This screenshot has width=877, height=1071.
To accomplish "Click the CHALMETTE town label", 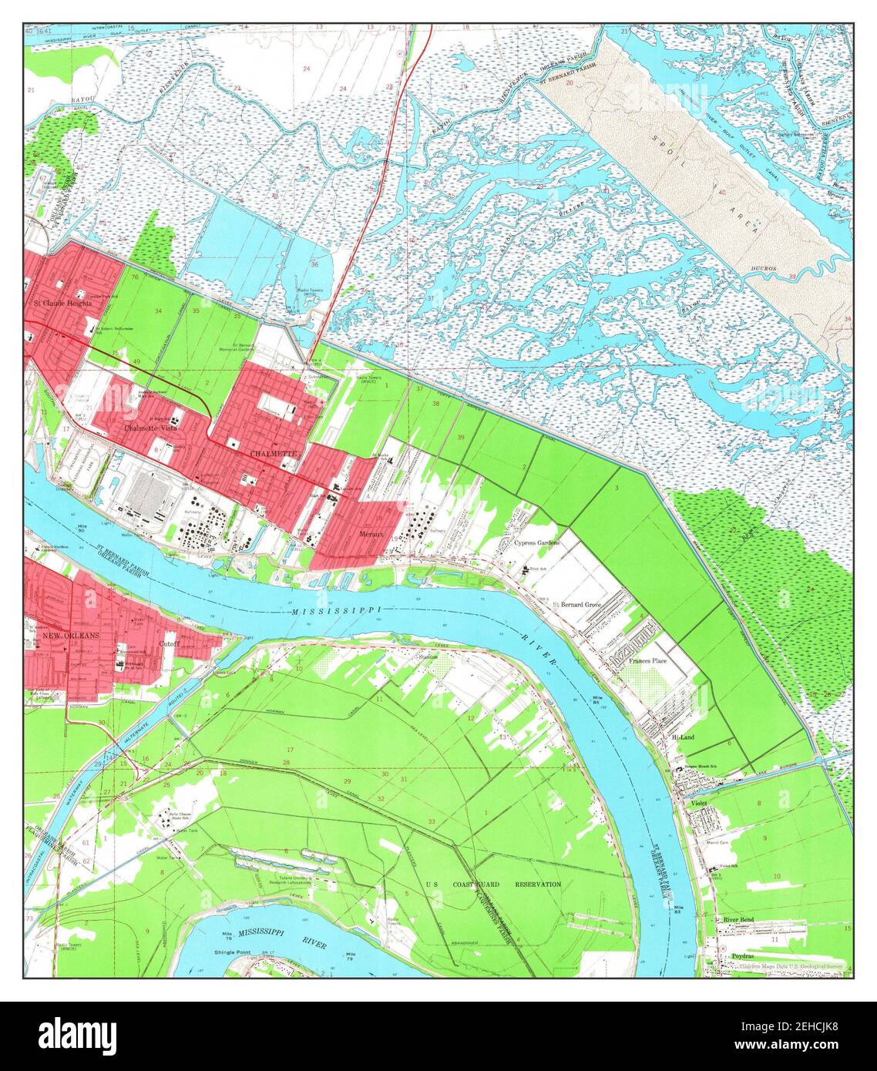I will tap(272, 455).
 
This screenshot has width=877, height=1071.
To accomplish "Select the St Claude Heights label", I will tap(62, 303).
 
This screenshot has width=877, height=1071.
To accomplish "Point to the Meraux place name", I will tap(371, 533).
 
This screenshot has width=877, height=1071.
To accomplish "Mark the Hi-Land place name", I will tap(683, 737).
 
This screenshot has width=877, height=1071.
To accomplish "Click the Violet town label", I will tap(699, 803).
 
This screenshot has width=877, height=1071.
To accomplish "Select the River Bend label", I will tap(738, 920).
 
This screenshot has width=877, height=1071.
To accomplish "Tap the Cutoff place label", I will tap(169, 642).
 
